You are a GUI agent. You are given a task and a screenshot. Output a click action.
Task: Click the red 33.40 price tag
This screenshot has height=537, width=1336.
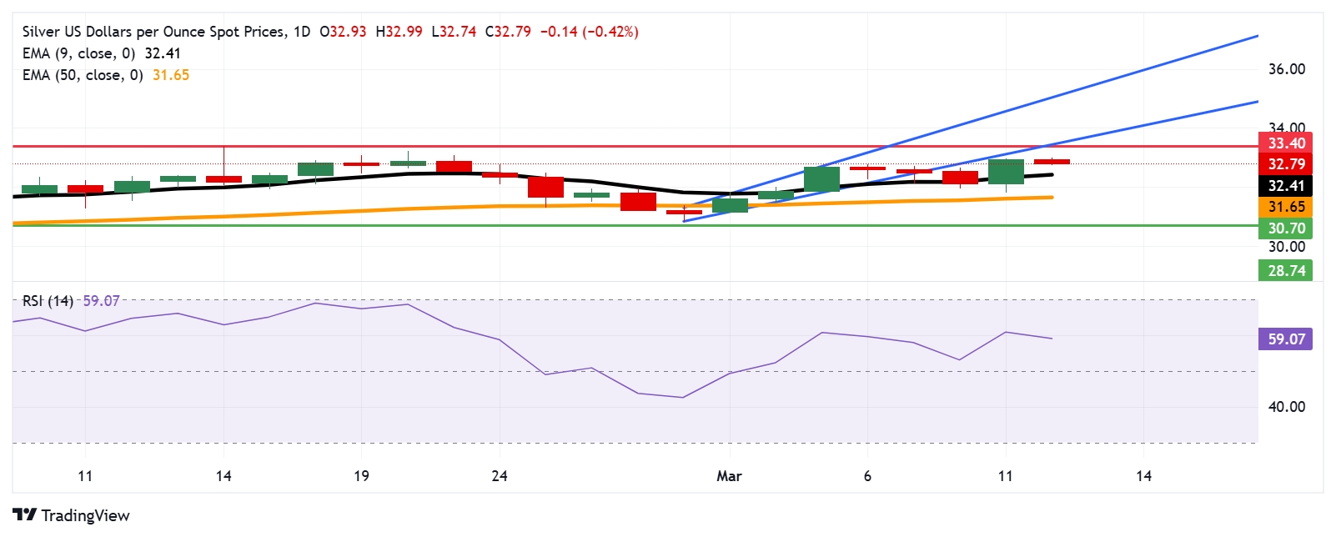(1285, 143)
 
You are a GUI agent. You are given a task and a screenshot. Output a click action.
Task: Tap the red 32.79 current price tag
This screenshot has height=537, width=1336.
(1285, 164)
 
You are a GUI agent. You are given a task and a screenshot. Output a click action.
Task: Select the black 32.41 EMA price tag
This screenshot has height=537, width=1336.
(1285, 186)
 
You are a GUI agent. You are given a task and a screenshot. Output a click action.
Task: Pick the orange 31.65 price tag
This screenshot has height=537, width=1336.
(1285, 207)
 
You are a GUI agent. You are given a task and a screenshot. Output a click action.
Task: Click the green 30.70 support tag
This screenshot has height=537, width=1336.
(1285, 228)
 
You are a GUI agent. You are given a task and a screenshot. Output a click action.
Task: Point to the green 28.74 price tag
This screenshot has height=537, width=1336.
(1285, 271)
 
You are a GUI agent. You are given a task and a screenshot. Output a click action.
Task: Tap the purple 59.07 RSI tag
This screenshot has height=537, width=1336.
(1285, 339)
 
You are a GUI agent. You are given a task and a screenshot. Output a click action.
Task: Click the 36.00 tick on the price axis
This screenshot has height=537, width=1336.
(1286, 69)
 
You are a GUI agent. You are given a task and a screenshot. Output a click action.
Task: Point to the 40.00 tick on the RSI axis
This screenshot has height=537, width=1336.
(1286, 407)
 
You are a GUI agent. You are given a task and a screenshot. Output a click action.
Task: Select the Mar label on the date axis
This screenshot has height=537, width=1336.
(729, 476)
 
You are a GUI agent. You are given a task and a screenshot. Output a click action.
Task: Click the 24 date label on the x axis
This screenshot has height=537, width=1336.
(500, 476)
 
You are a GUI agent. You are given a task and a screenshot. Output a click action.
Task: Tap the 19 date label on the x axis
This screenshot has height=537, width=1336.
(361, 476)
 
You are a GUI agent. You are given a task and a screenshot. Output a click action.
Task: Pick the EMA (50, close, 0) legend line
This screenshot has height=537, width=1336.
(106, 75)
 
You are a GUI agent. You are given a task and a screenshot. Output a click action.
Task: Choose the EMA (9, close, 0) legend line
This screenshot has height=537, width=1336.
(102, 53)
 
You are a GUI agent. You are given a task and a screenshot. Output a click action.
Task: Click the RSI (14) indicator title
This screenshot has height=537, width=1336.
(48, 301)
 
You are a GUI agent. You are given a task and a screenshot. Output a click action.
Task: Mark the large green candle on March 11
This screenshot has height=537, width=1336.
(1006, 171)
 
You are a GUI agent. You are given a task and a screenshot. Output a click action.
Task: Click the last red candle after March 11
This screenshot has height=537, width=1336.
(1052, 162)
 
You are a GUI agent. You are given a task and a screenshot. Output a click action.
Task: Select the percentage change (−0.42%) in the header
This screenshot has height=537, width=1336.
(611, 32)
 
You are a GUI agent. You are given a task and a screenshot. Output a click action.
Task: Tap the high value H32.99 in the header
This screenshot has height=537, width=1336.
(399, 32)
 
